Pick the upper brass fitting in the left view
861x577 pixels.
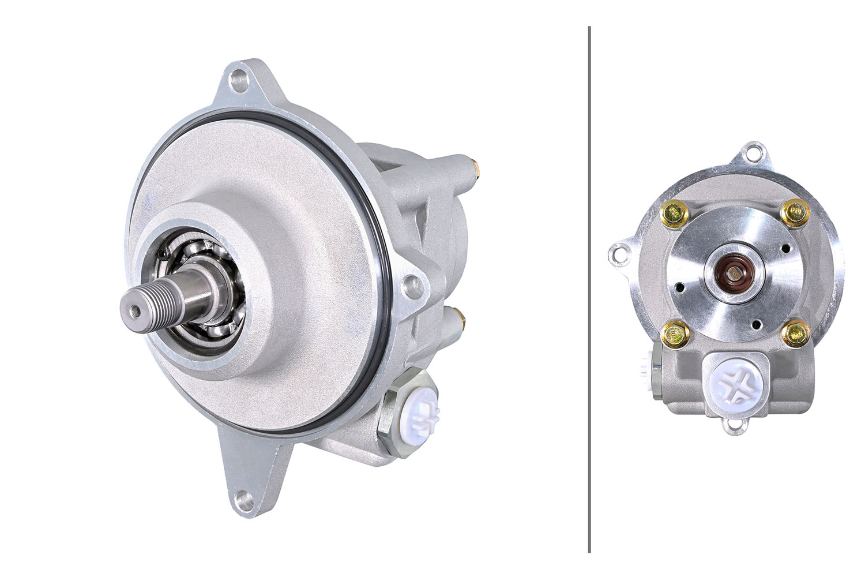click(478, 167)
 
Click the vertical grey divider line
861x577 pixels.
click(589, 288)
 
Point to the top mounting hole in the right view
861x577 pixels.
click(753, 154)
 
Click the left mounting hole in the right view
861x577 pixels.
click(619, 253)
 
